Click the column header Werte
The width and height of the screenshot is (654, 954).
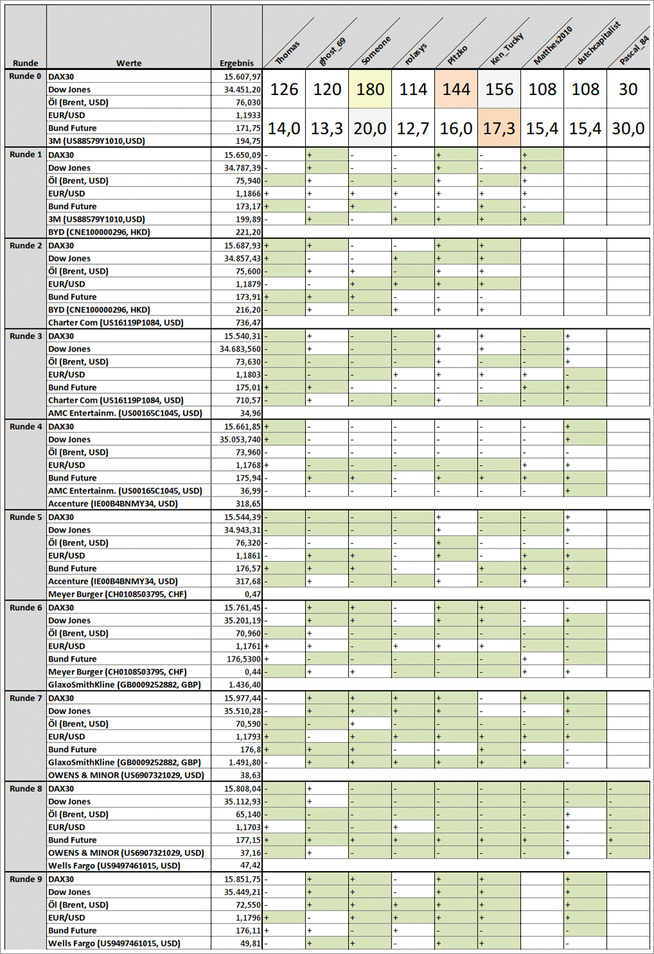pyautogui.click(x=128, y=63)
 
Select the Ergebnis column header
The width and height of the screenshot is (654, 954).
pyautogui.click(x=236, y=63)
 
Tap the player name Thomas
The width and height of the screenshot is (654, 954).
pyautogui.click(x=287, y=53)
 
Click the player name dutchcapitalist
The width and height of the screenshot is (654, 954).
pyautogui.click(x=598, y=43)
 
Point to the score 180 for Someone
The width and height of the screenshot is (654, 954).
pyautogui.click(x=371, y=89)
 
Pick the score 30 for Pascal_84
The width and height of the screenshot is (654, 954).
pyautogui.click(x=628, y=89)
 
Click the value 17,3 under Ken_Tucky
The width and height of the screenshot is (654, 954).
pyautogui.click(x=499, y=128)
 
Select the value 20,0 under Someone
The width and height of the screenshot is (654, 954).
pyautogui.click(x=371, y=128)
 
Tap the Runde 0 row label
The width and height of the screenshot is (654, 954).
pyautogui.click(x=26, y=76)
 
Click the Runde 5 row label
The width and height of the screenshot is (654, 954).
pyautogui.click(x=26, y=517)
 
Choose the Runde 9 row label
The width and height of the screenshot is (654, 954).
pyautogui.click(x=26, y=879)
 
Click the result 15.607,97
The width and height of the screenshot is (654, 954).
pyautogui.click(x=242, y=76)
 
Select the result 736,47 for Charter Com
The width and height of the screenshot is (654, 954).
pyautogui.click(x=248, y=322)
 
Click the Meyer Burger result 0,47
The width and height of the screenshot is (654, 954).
pyautogui.click(x=252, y=594)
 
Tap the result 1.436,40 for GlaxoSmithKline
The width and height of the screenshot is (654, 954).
pyautogui.click(x=245, y=685)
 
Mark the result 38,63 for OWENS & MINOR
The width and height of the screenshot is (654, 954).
pyautogui.click(x=250, y=775)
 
